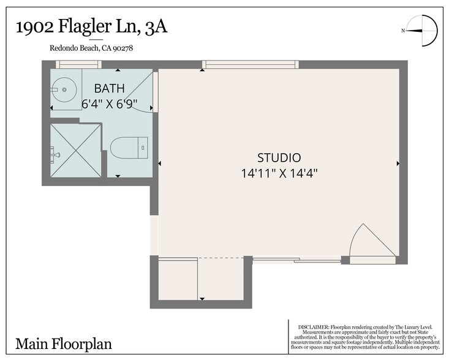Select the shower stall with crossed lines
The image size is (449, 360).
click(x=75, y=151)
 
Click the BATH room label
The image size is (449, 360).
click(x=110, y=89)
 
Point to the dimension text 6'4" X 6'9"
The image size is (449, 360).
click(x=110, y=103)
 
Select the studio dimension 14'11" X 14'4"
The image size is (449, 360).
click(x=279, y=173)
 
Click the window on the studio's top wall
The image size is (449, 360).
click(x=251, y=64)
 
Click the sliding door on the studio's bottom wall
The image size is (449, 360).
click(x=296, y=260)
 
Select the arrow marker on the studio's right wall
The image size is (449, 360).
click(x=398, y=163)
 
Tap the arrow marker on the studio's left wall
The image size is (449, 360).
click(x=160, y=163)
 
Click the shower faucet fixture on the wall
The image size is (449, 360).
click(x=55, y=154)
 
